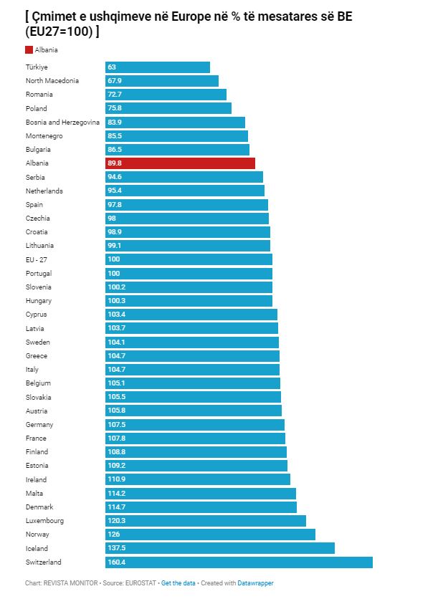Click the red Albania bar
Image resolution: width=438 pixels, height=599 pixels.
tap(180, 163)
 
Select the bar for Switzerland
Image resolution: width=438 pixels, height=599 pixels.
tap(239, 562)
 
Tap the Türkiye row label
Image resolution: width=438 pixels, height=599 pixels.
tap(37, 67)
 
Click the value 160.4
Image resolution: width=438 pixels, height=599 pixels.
tap(117, 562)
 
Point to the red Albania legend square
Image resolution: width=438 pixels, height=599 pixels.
tap(29, 49)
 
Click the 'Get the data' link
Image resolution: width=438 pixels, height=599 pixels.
tap(178, 583)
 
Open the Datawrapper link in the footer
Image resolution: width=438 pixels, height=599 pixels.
tap(255, 583)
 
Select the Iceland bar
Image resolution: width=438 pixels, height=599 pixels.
tap(220, 548)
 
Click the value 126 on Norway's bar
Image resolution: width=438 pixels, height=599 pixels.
tap(114, 534)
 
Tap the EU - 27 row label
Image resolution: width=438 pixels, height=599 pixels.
tap(37, 260)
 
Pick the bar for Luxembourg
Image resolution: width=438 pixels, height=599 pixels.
tap(206, 521)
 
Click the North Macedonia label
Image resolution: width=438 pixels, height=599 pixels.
tap(52, 80)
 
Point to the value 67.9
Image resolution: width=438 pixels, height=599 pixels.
tap(115, 80)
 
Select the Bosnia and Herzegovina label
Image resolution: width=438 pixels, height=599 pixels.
tap(62, 123)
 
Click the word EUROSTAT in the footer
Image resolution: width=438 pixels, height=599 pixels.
tap(141, 583)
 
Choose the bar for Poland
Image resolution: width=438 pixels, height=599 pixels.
tap(168, 108)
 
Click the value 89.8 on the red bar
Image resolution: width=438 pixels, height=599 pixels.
tap(115, 163)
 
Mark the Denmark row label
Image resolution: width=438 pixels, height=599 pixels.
tap(39, 507)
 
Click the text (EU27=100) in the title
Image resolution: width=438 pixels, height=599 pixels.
tap(59, 32)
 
